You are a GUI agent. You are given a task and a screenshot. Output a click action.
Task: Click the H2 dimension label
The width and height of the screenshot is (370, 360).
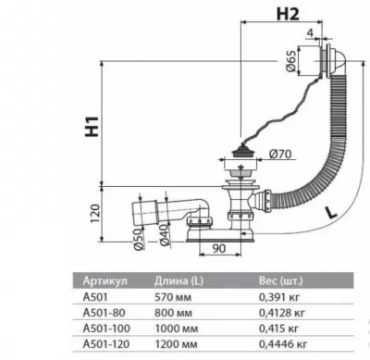pyautogui.click(x=288, y=14)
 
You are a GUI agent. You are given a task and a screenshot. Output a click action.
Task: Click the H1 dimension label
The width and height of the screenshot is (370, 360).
pyautogui.click(x=92, y=127)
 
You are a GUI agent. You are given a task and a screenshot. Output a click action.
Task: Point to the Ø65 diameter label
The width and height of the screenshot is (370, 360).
pyautogui.click(x=290, y=61)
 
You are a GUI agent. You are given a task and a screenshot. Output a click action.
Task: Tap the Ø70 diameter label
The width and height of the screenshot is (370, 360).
pyautogui.click(x=280, y=154)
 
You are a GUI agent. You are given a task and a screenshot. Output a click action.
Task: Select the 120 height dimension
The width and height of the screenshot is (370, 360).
pyautogui.click(x=95, y=213)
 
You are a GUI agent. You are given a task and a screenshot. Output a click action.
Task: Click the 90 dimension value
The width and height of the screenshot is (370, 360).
pyautogui.click(x=218, y=248)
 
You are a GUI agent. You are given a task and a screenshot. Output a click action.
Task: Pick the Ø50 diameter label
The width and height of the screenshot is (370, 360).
pyautogui.click(x=140, y=239)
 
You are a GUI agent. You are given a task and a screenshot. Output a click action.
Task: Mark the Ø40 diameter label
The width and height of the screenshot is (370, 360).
pyautogui.click(x=165, y=235)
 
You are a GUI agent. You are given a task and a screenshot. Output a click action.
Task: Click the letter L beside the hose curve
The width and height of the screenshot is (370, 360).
pyautogui.click(x=331, y=212)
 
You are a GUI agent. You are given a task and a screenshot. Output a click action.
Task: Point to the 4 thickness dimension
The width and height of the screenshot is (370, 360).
pyautogui.click(x=310, y=32)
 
